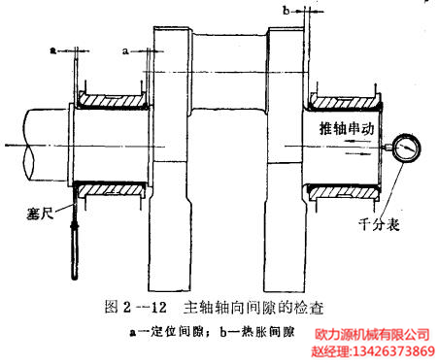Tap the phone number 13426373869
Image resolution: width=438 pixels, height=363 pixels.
pos(392,350)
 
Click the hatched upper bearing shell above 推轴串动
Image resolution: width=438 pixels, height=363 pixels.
pos(345,100)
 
